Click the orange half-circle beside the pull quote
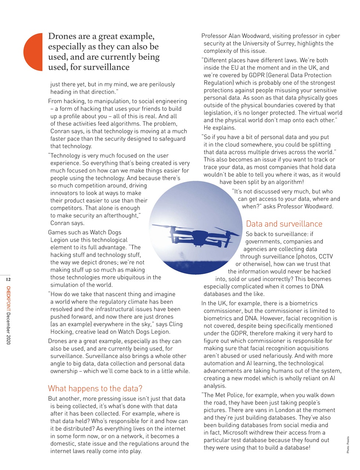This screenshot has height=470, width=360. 34,52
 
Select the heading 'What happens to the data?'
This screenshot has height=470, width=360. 95,388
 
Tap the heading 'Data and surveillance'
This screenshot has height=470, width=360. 284,224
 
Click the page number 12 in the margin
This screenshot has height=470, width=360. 8,280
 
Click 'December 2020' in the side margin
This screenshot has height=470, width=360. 8,328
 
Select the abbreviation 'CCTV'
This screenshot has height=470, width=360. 325,257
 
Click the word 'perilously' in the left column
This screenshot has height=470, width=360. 161,84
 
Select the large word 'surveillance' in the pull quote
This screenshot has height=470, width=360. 107,67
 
